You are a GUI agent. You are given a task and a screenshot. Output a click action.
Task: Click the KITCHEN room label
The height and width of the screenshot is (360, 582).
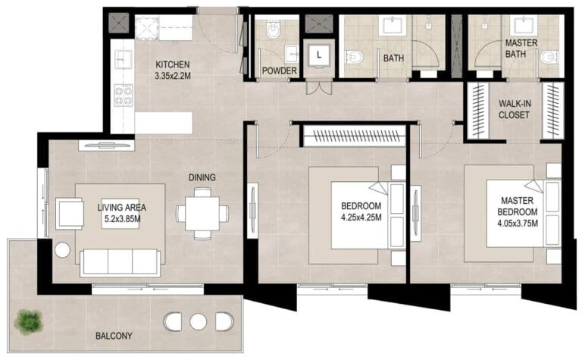pos(172,64)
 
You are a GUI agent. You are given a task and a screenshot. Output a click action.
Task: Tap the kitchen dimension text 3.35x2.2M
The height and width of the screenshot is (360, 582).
pos(173,76)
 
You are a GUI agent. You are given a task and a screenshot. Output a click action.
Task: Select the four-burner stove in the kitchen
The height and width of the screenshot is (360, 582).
pos(124,95)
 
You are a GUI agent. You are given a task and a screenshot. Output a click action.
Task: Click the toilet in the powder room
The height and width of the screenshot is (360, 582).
pos(273,29)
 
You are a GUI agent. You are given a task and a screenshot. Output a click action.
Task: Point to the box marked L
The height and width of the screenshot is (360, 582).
pos(319,55)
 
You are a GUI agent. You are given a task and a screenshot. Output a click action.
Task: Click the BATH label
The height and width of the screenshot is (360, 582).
pos(393,58)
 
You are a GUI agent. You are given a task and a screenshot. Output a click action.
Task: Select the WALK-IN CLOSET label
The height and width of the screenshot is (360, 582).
pos(514,109)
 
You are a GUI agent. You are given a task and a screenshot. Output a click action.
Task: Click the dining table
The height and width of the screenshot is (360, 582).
pos(202,214)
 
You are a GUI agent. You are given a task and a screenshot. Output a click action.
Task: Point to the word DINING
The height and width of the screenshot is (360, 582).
pos(202,177)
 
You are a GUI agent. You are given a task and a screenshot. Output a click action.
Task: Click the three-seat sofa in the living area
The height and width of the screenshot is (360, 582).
pos(120,262)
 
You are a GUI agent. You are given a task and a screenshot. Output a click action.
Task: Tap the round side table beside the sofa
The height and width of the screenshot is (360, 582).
pos(62,251)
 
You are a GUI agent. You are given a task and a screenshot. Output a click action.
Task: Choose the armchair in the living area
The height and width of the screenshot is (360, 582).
pos(70,214)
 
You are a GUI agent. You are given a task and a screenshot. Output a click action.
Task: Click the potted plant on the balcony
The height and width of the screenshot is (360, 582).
pos(28,321)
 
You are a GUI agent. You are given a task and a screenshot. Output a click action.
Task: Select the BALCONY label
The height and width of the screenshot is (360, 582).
pos(114,336)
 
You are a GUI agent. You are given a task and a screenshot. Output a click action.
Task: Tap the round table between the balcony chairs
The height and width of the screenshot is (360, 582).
pos(199,321)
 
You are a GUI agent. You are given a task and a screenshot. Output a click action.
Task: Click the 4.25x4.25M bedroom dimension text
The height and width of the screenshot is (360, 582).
pos(361,218)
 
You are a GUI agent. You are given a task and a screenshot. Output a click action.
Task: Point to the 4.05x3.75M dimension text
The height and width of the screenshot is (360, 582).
pos(518,224)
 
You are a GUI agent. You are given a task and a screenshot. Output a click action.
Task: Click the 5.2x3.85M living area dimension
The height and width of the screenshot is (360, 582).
pos(122,219)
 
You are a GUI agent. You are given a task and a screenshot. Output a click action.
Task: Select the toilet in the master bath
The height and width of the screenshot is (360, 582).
pos(549,57)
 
